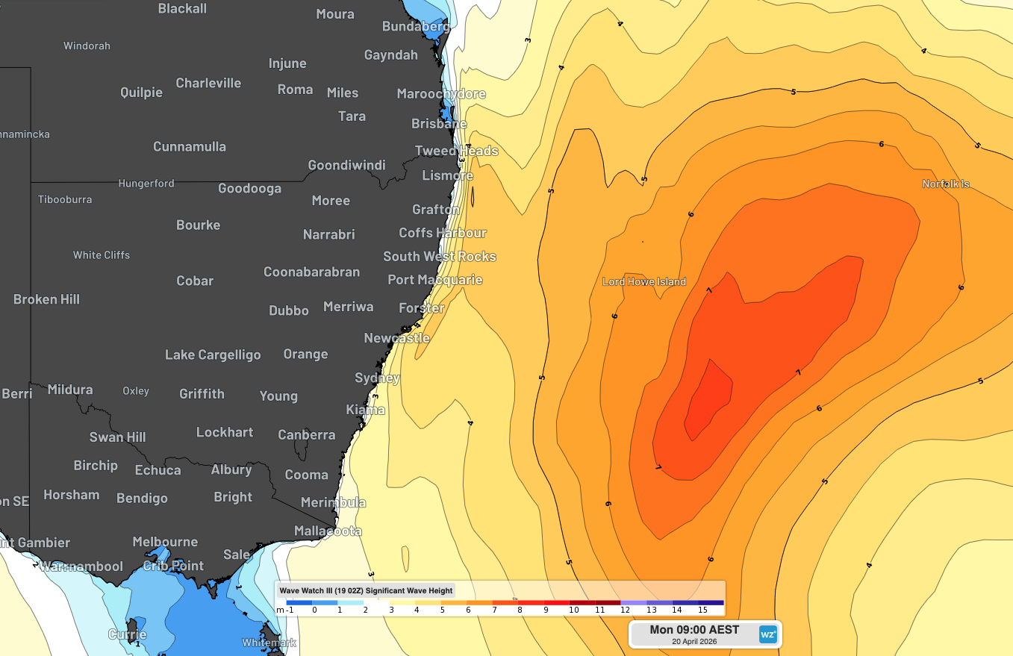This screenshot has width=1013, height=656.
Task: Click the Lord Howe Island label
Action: pos(643,282)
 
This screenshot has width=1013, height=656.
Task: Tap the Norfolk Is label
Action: pos(945,184)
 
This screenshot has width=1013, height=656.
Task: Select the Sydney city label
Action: pos(377,378)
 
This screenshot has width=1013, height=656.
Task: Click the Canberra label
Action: pos(306,434)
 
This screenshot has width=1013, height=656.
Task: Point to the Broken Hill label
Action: pos(46,299)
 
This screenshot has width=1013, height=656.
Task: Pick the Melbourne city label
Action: pos(165,542)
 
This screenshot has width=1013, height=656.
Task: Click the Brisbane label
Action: pos(439,124)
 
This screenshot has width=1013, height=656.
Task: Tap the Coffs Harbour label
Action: pos(442,233)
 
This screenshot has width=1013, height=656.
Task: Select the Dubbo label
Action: pos(288,310)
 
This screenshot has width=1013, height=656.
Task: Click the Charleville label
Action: pos(208,83)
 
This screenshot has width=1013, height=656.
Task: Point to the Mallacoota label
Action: pos(328,531)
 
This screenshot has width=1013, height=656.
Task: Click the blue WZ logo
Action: pos(768,634)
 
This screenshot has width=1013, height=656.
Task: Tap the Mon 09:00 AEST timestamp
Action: pos(693,630)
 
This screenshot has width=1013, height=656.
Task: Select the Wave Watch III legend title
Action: pos(366,590)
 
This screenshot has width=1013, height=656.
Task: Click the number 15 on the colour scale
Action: pos(702,610)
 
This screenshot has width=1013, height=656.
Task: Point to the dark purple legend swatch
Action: pos(711,602)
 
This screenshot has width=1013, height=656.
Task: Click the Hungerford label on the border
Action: pos(146,184)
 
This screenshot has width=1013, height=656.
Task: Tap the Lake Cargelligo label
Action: pos(213,354)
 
